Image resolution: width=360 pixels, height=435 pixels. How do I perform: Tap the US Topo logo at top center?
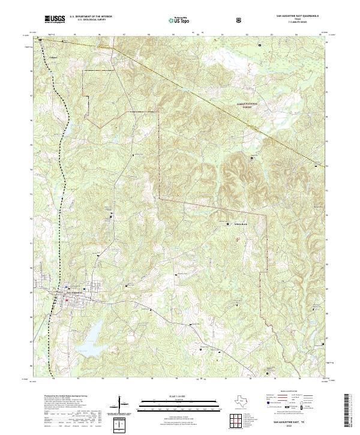(181, 20)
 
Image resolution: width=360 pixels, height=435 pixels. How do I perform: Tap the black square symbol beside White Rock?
(227, 223)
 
